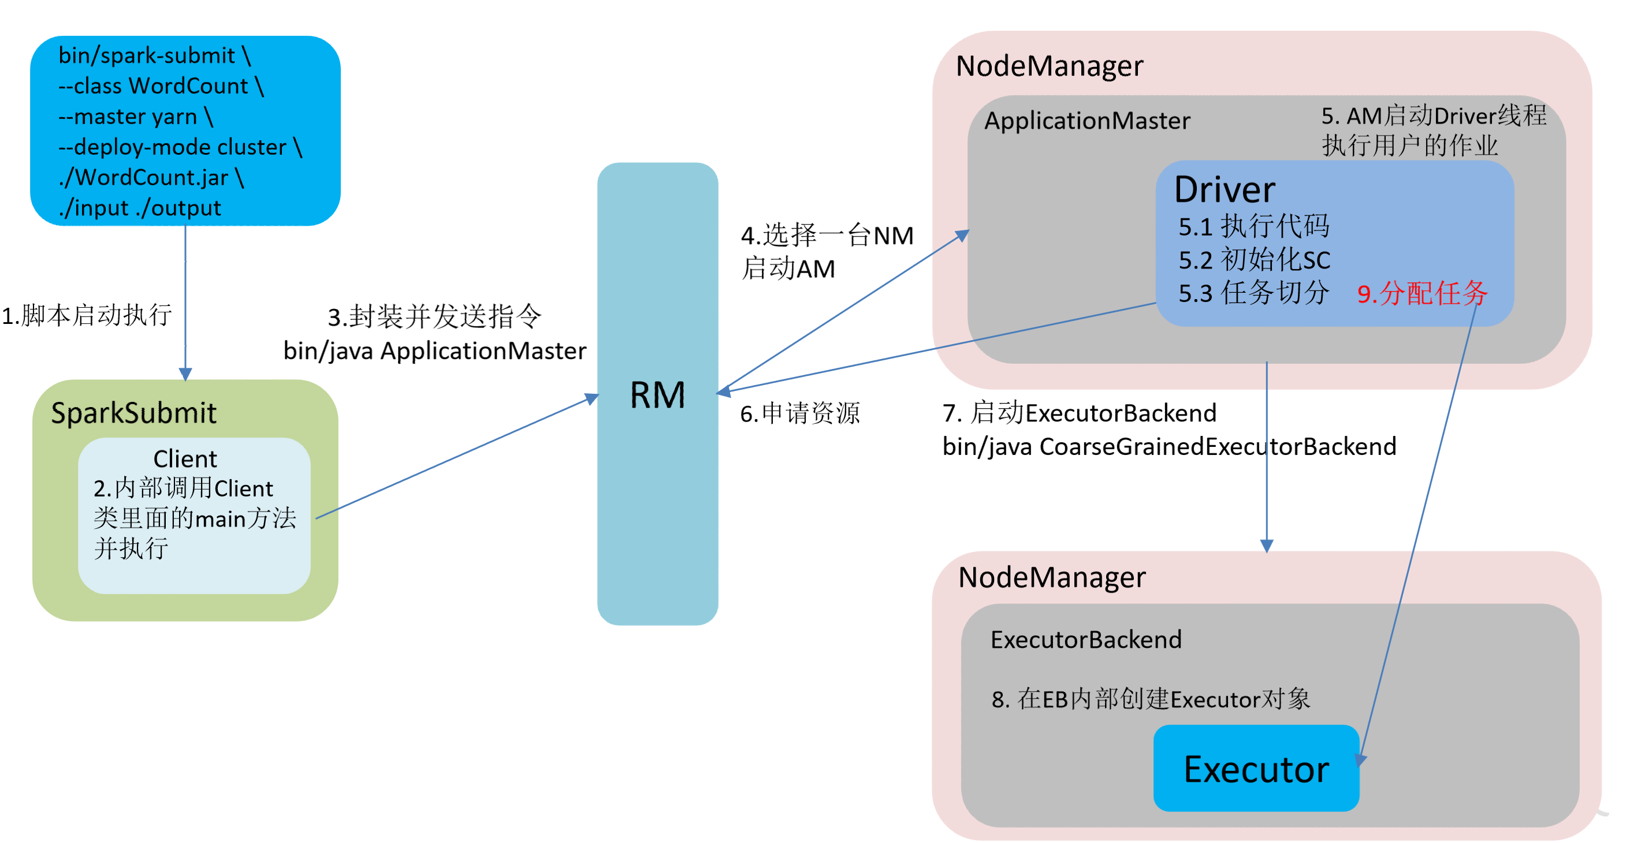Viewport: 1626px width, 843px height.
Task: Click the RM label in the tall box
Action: point(657,396)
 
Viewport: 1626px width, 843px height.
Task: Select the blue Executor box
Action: point(1256,769)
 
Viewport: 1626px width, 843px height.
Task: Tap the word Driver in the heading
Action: point(1225,189)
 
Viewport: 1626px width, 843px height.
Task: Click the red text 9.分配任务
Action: point(1422,293)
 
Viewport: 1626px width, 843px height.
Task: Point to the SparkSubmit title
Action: point(133,413)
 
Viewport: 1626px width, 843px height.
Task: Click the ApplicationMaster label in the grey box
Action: point(1087,121)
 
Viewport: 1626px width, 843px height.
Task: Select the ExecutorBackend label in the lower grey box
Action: point(1086,640)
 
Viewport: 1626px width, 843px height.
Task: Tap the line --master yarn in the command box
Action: point(136,117)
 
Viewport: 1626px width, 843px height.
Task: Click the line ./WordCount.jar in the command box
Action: point(151,177)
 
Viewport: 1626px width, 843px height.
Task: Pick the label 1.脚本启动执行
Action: point(87,315)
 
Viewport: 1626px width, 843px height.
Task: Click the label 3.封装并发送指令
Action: point(434,317)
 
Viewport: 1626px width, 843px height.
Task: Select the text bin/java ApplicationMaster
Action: point(434,351)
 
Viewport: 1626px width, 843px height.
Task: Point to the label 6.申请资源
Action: point(800,414)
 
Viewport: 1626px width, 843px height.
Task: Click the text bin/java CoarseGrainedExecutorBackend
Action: point(1169,447)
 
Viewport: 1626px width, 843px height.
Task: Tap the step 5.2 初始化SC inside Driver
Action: point(1254,260)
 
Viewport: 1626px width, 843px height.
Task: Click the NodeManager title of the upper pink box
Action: point(1049,66)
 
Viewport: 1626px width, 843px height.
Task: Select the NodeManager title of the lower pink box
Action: point(1052,577)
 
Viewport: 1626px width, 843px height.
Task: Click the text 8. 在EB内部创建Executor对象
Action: point(1150,699)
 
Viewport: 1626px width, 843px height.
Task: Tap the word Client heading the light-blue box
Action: point(185,458)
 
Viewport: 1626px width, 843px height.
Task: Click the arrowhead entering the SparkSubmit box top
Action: point(185,375)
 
